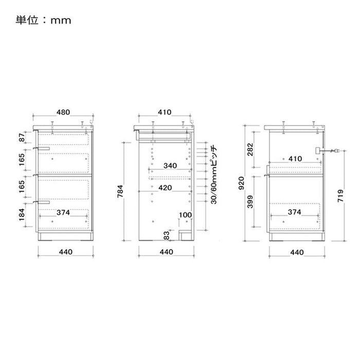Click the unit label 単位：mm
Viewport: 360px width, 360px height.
(x=43, y=20)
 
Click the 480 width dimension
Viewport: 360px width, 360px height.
(x=63, y=112)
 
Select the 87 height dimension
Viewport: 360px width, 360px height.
(x=22, y=137)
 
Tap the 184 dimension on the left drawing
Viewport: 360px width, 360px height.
(x=22, y=214)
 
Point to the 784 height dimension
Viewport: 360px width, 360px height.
(x=120, y=191)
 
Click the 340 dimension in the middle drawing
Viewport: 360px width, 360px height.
(x=170, y=166)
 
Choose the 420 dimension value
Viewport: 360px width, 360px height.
(x=165, y=188)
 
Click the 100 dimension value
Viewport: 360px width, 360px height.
(x=185, y=215)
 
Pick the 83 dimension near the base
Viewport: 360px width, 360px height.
(x=167, y=236)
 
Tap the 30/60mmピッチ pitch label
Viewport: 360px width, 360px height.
(x=213, y=174)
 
